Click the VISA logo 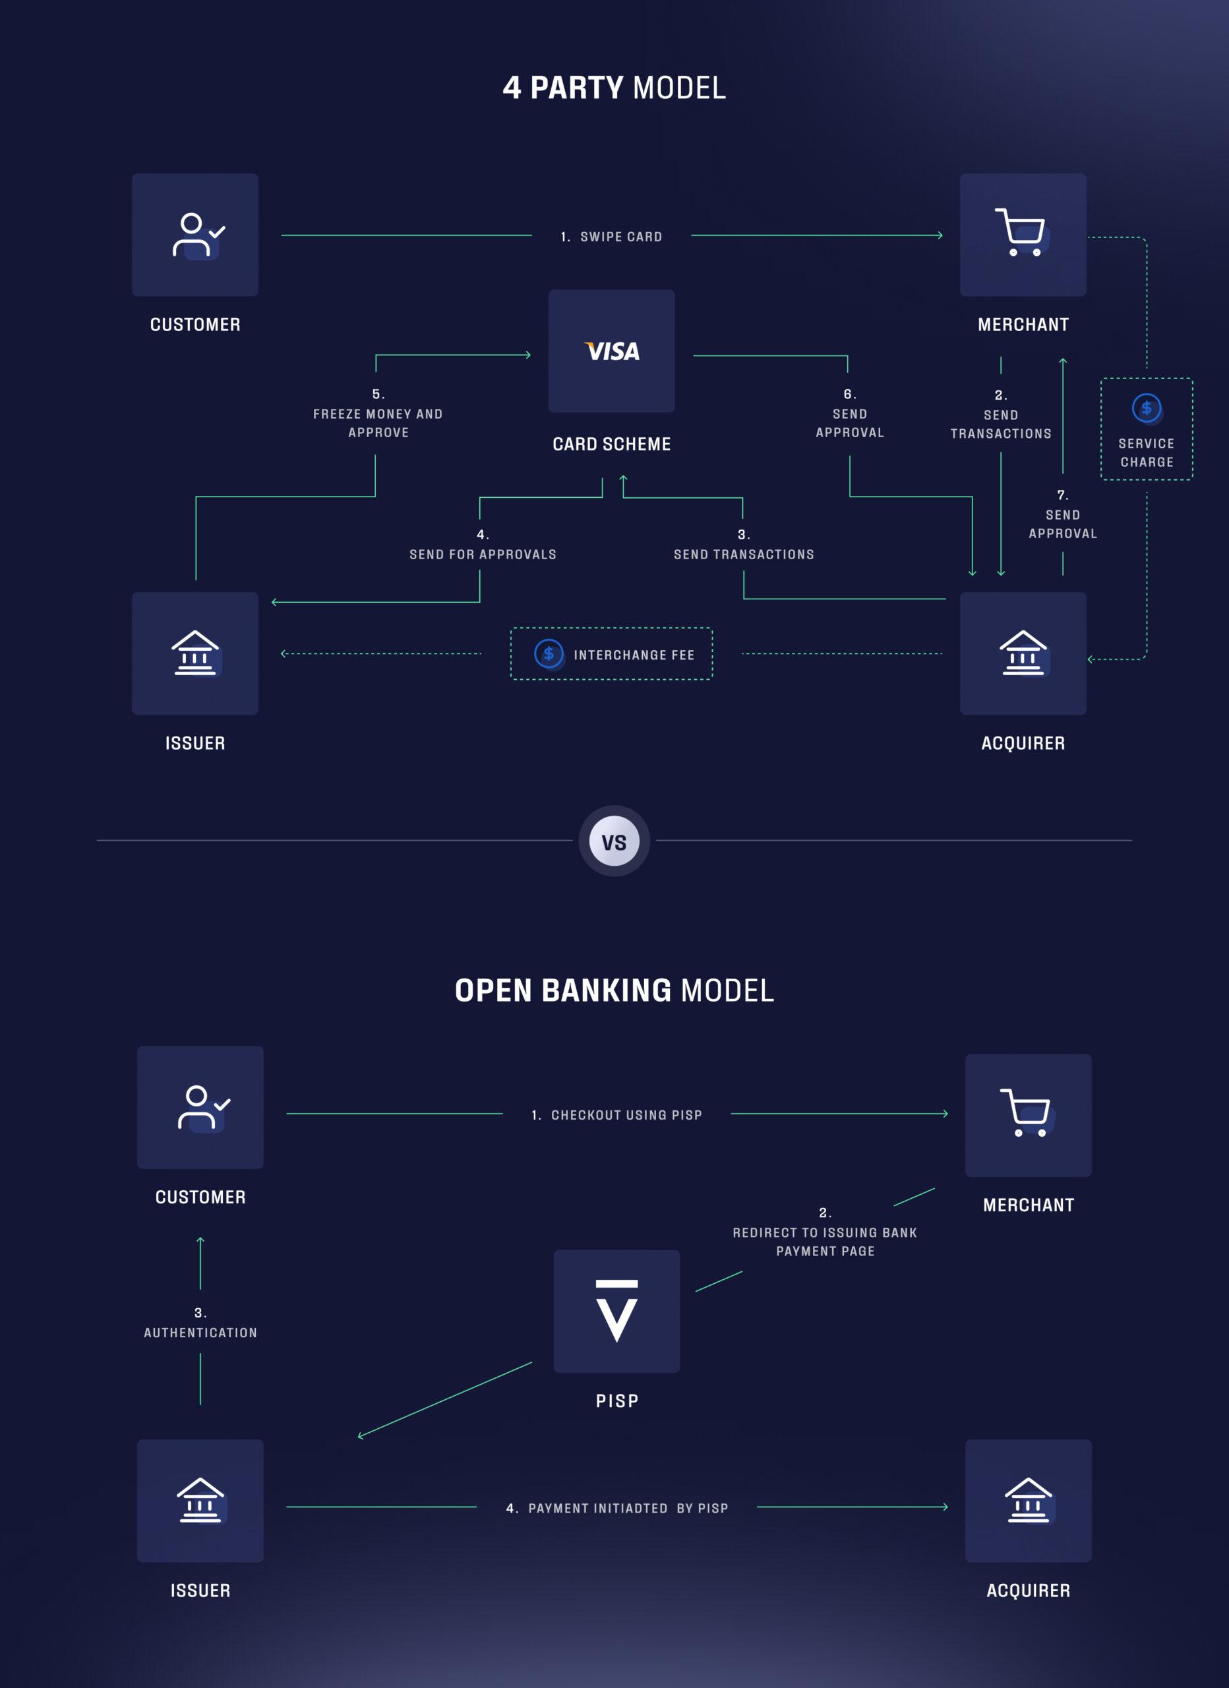612,351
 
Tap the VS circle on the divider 614,842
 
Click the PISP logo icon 617,1311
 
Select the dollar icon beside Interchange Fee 549,654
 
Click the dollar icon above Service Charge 1147,408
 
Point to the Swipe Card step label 612,237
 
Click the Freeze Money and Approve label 378,422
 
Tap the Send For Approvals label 483,554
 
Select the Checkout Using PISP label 617,1115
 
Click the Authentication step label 200,1332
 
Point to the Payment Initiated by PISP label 617,1508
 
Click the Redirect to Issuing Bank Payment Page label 825,1242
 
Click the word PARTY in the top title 576,88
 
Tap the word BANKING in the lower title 606,990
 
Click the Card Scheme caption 612,444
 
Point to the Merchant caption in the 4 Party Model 1023,324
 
